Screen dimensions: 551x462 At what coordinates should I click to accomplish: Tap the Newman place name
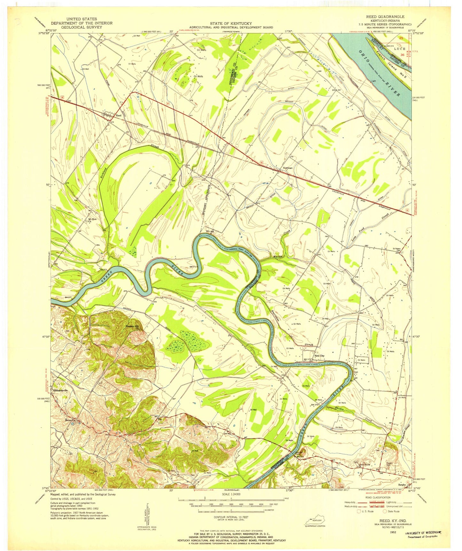tap(287, 168)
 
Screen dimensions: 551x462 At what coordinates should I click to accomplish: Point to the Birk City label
tap(319, 356)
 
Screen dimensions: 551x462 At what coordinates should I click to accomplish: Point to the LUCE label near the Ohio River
tap(399, 49)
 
